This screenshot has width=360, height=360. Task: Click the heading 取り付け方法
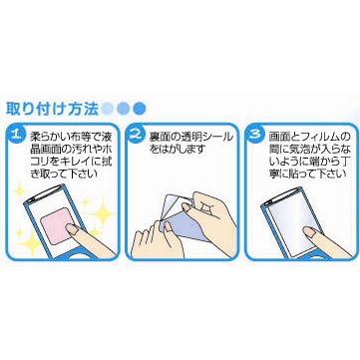click(52, 109)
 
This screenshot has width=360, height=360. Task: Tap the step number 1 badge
click(16, 136)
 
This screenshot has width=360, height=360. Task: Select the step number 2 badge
click(136, 136)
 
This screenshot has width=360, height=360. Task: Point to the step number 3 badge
click(255, 136)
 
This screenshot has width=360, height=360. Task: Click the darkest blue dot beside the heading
click(140, 108)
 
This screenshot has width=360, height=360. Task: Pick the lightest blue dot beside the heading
click(108, 108)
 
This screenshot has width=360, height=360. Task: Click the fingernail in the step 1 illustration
click(71, 229)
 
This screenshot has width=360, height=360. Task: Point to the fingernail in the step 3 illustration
click(310, 231)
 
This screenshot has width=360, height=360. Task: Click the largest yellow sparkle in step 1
click(102, 212)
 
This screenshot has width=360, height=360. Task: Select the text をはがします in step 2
click(177, 150)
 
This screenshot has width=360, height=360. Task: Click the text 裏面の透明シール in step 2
click(191, 137)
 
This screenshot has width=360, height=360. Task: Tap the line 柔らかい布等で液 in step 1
click(71, 137)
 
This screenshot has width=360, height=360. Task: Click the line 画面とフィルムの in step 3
click(310, 137)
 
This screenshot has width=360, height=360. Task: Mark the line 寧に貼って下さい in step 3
click(307, 174)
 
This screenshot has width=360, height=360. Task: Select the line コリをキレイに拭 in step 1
click(71, 162)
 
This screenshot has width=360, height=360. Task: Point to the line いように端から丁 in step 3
click(310, 162)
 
